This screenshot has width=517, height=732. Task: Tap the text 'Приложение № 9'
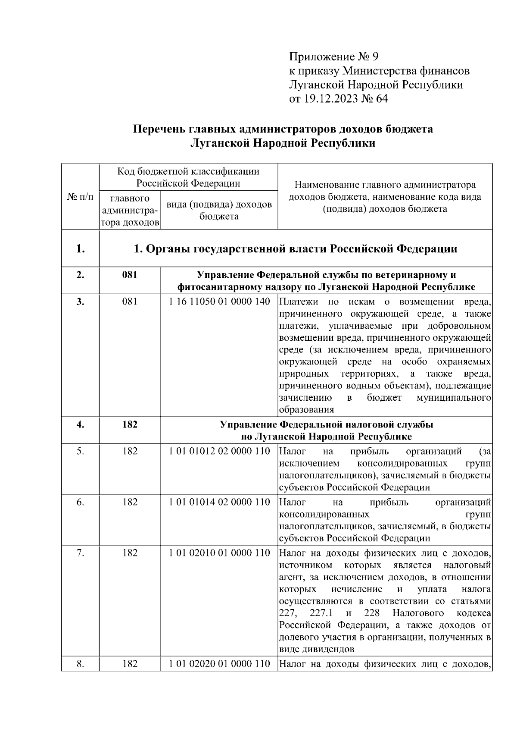coord(333,57)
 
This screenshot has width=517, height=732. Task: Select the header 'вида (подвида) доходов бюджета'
coord(219,210)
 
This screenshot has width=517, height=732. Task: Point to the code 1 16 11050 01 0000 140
coord(219,302)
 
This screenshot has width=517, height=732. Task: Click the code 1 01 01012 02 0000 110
coord(219,451)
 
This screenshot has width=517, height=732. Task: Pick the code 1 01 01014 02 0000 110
coord(219,502)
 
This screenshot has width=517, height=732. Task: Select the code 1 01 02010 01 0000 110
coord(219,553)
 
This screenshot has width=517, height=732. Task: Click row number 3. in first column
coord(80,302)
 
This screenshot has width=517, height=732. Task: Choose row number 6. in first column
coord(80,502)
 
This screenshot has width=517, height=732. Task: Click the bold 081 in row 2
coord(130,275)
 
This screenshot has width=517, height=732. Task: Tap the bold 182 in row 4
coord(130,424)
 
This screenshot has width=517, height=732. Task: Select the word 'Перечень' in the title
coord(157,129)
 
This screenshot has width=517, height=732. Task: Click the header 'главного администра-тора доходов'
coord(130,210)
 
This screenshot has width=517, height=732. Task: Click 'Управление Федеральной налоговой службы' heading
coord(327,424)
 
